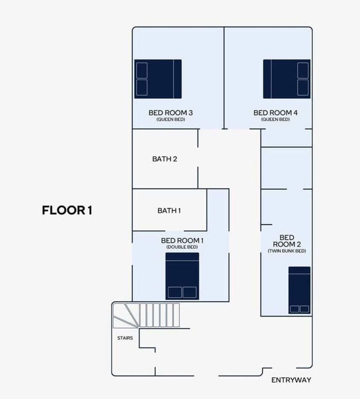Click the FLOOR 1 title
67,210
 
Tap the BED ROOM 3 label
170,113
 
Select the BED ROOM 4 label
275,113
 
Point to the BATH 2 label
164,159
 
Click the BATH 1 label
169,210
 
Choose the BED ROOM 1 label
182,241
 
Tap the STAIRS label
125,338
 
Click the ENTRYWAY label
291,380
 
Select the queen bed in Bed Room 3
158,79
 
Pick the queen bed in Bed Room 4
287,79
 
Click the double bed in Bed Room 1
182,276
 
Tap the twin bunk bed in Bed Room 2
299,290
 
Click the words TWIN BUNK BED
287,251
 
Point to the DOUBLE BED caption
182,247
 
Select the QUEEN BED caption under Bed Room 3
170,119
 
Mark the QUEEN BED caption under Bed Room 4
275,119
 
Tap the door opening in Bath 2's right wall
198,157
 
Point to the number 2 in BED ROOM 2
298,244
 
